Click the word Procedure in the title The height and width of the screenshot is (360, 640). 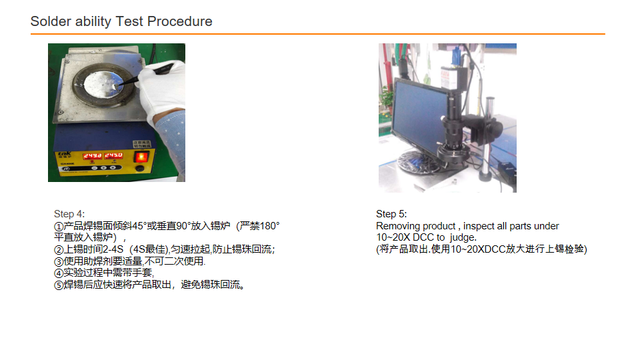coord(179,21)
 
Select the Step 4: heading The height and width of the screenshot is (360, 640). coord(69,214)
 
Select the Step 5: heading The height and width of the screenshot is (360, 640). coord(391,214)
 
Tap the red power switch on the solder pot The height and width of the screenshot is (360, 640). coord(141,157)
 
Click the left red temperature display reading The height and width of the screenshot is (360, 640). coord(92,156)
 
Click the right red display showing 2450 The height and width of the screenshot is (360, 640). coord(113,155)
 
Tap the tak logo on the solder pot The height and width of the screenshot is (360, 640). coord(65,153)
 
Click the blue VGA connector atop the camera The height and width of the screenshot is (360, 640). coord(456,55)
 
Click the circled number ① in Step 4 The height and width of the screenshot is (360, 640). coord(59,226)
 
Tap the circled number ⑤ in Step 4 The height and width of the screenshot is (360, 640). coord(59,285)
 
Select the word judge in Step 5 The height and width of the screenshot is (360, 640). coord(463,237)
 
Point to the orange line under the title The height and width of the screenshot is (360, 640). coord(317,34)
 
